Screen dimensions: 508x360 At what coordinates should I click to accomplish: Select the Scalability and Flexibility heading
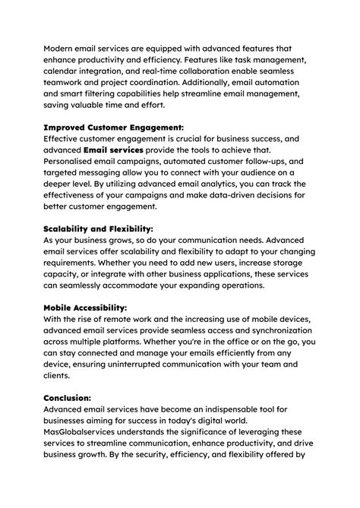tap(99, 228)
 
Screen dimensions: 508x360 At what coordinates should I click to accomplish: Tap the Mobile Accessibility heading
tap(85, 308)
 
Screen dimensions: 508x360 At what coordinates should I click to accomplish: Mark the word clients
tap(59, 375)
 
